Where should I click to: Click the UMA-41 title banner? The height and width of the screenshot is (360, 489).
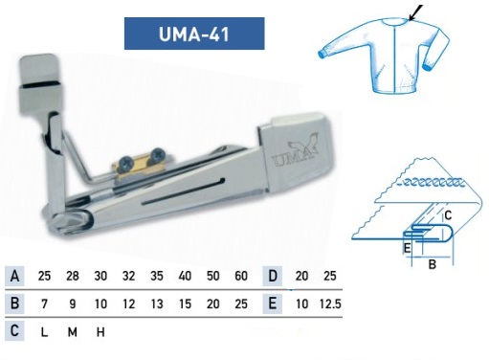[x=194, y=34]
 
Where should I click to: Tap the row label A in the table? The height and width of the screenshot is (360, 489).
[x=14, y=276]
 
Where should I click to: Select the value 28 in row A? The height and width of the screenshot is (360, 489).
[x=73, y=276]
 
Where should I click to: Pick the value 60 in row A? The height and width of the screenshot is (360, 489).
[x=241, y=276]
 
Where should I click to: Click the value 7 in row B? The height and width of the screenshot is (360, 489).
[x=44, y=304]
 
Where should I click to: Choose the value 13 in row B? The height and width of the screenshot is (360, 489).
[x=157, y=304]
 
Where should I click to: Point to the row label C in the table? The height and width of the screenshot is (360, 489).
[x=14, y=331]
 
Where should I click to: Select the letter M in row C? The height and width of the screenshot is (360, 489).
[x=73, y=332]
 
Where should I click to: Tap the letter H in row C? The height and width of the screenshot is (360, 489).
[x=100, y=332]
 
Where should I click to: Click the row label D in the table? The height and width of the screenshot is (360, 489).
[x=273, y=276]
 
